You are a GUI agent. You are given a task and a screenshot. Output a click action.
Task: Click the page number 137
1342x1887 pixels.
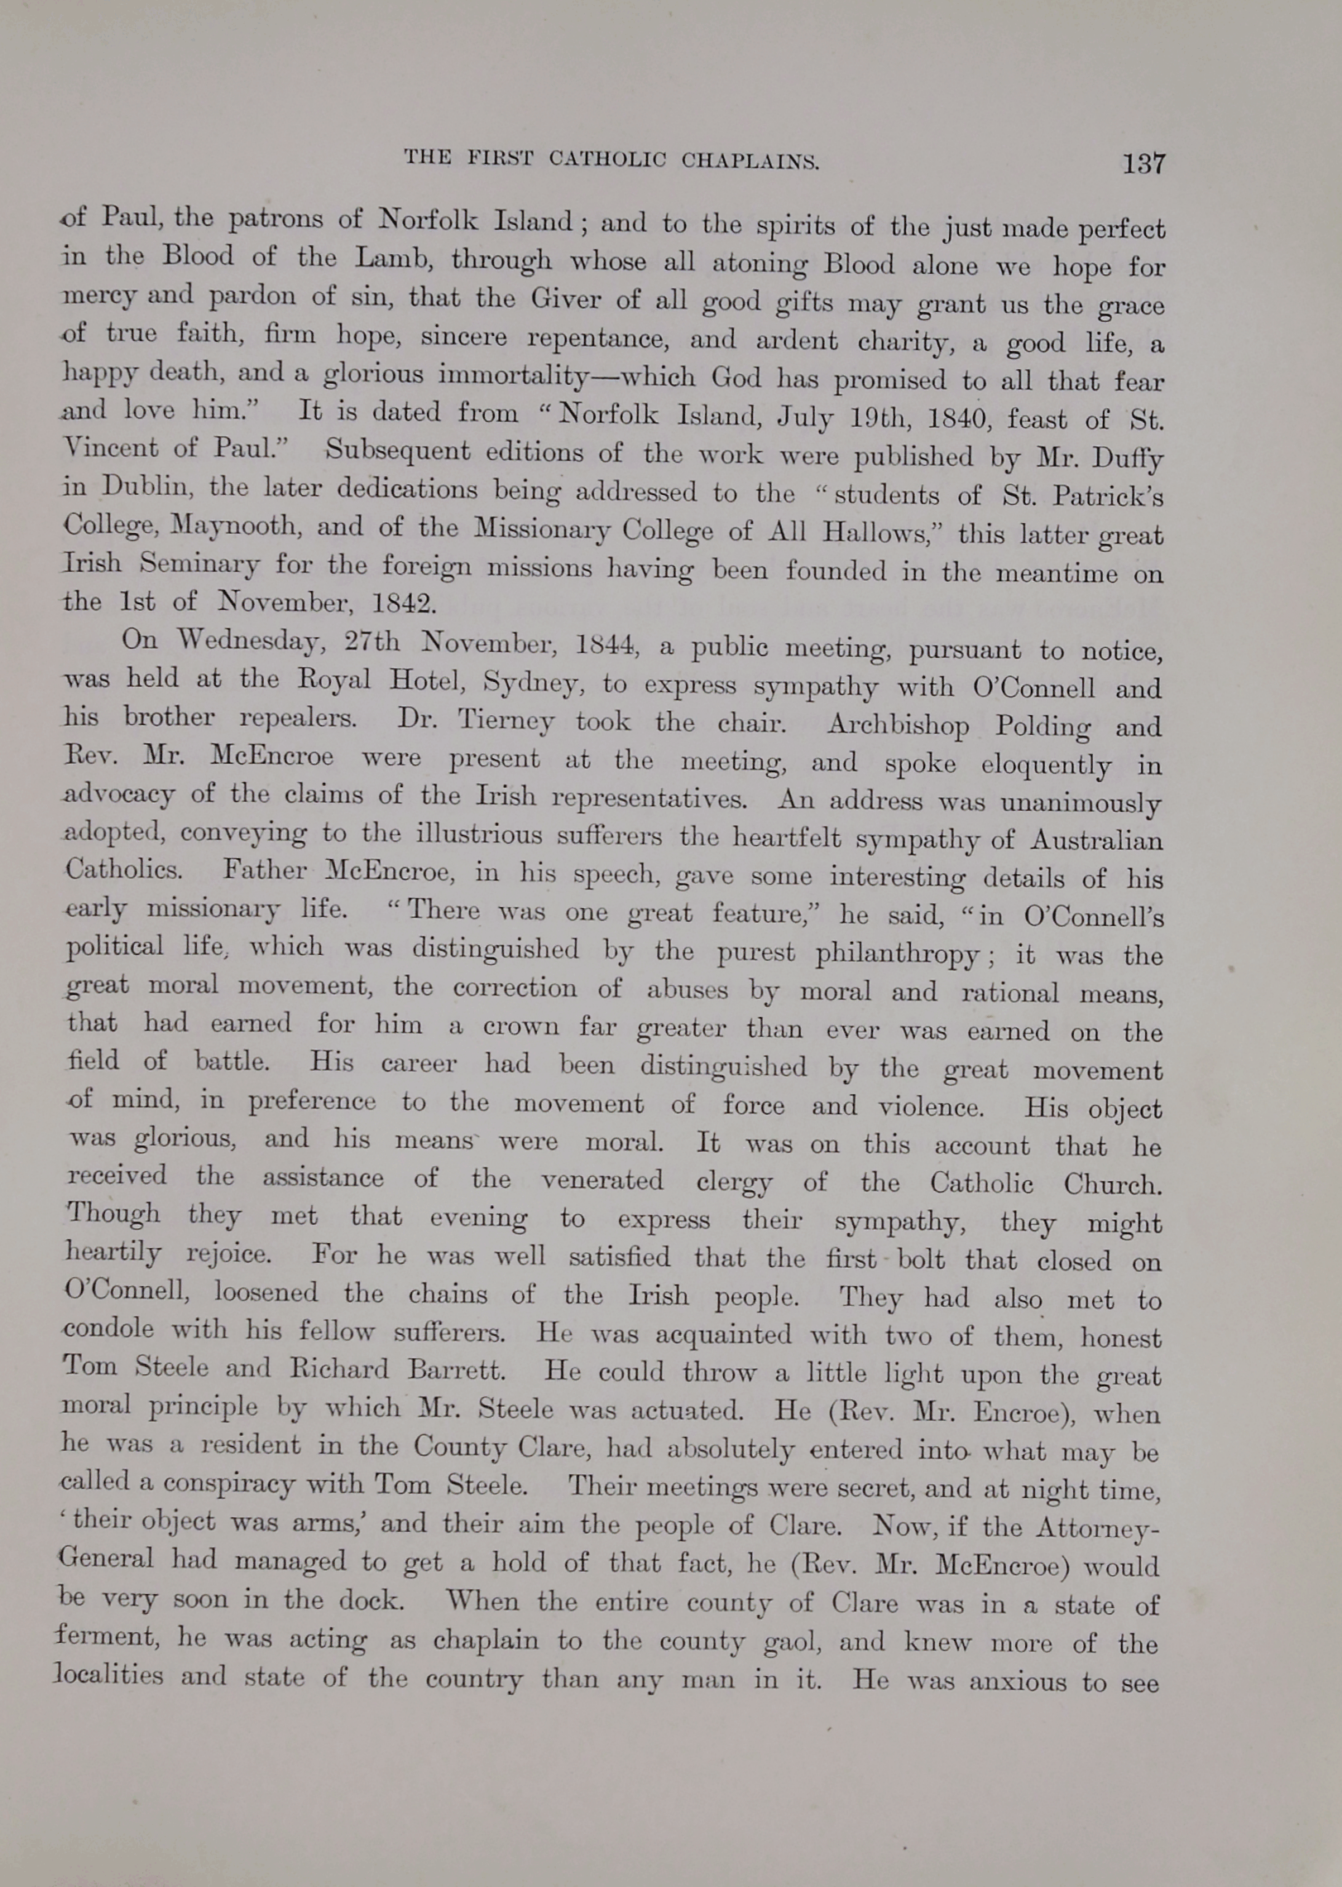click(x=1143, y=163)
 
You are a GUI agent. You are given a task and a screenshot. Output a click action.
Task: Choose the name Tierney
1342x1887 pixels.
click(x=506, y=721)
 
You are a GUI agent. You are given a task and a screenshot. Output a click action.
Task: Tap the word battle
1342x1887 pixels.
click(x=232, y=1061)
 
